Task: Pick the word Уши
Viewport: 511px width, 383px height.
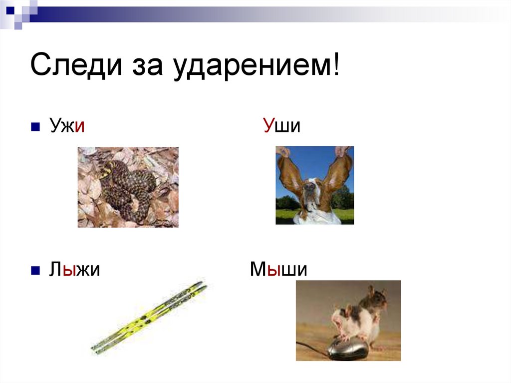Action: point(282,126)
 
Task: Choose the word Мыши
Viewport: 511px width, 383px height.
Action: point(278,270)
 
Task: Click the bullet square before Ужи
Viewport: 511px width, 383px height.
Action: point(35,127)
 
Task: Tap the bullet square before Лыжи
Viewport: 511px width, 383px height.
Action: point(35,271)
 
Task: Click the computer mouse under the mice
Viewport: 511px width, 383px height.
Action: point(348,349)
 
